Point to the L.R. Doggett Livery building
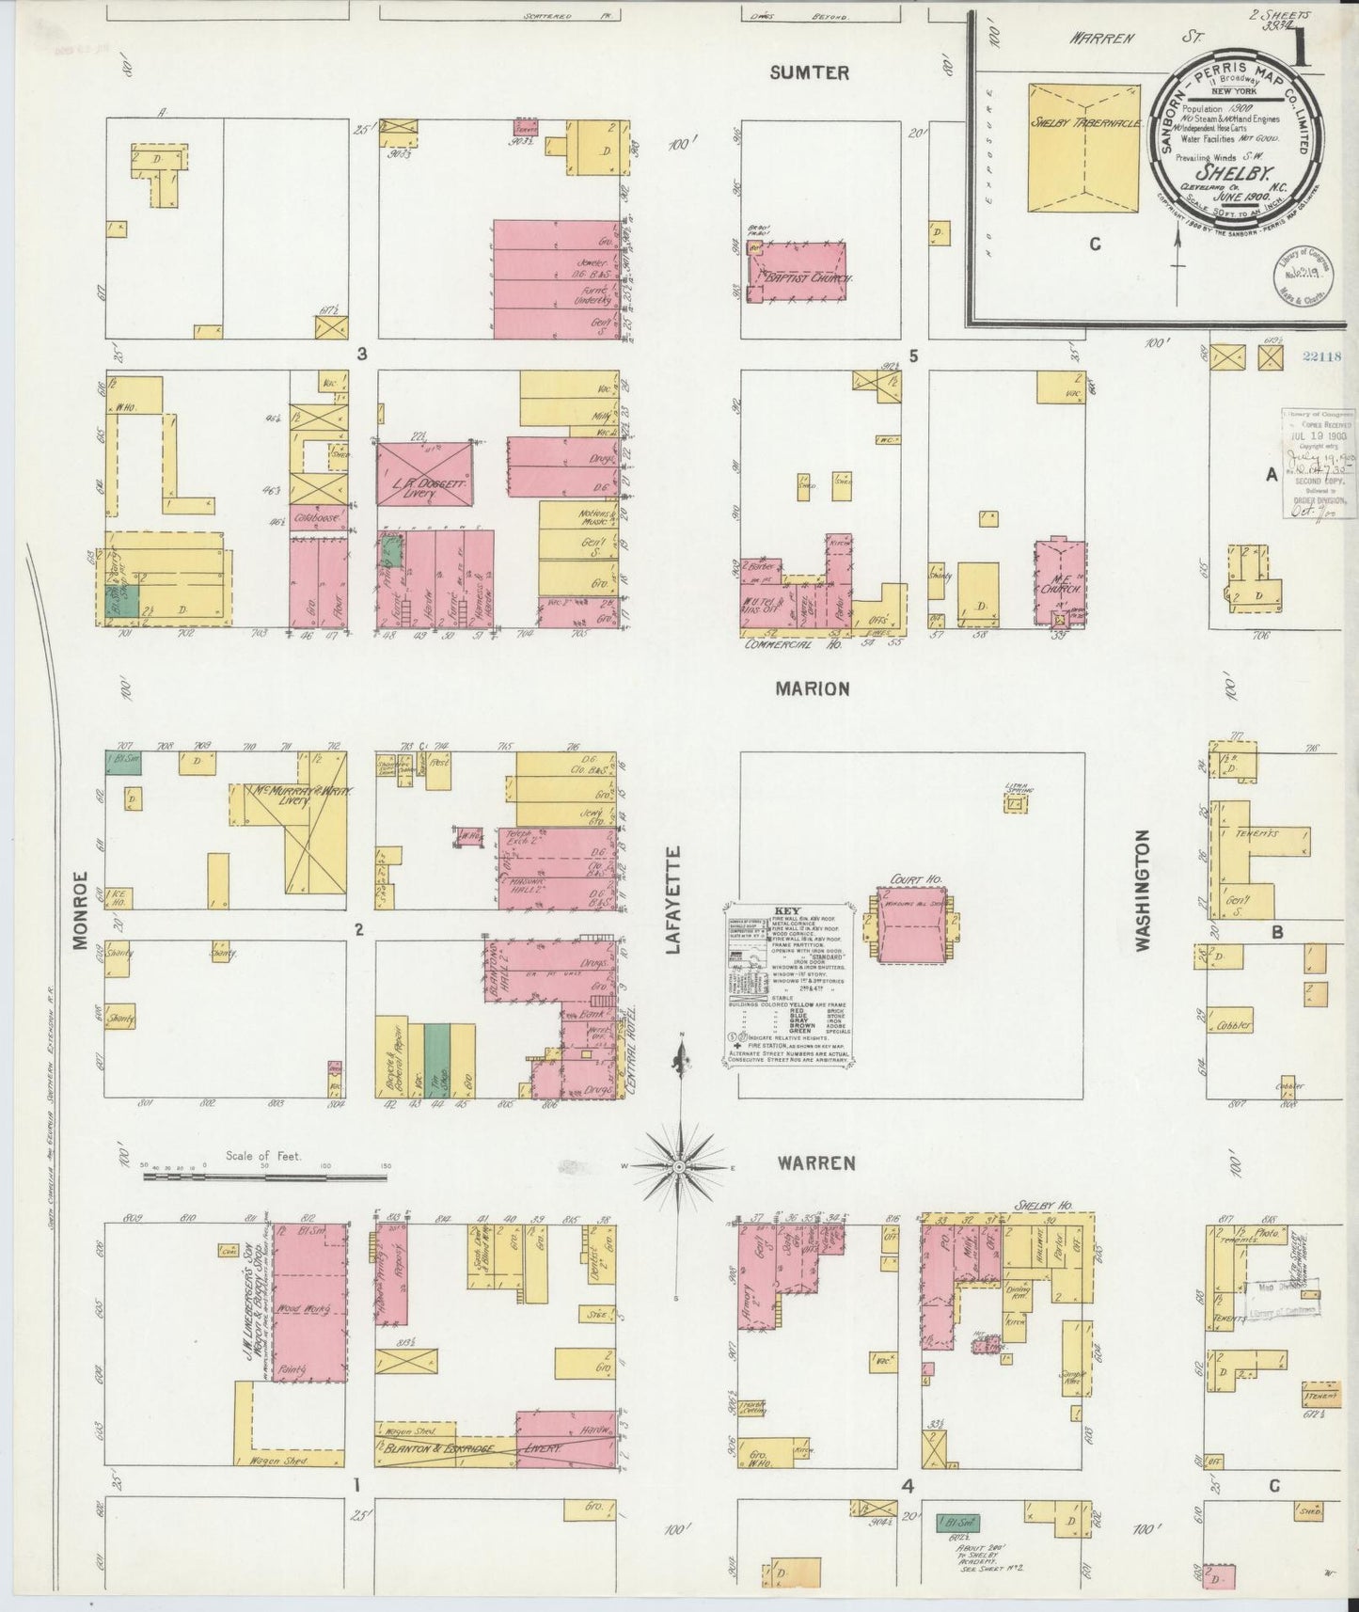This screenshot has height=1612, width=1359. (x=424, y=467)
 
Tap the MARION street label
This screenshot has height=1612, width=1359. (x=812, y=688)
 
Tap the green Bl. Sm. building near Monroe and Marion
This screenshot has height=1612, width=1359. (x=123, y=761)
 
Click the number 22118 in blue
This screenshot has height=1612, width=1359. (x=1323, y=356)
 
